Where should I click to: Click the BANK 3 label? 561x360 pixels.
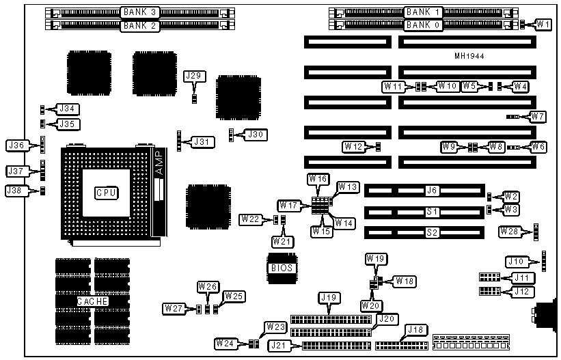point(139,12)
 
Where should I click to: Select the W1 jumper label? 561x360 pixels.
point(543,25)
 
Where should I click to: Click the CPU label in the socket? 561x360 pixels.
point(107,193)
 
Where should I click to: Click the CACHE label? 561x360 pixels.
point(92,301)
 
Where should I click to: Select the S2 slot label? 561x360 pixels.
point(431,232)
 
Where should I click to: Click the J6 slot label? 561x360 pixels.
point(431,191)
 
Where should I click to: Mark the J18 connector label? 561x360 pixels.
point(415,330)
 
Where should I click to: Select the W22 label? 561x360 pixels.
point(250,219)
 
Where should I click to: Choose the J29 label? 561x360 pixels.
point(195,76)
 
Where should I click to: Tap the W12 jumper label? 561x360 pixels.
point(353,146)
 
